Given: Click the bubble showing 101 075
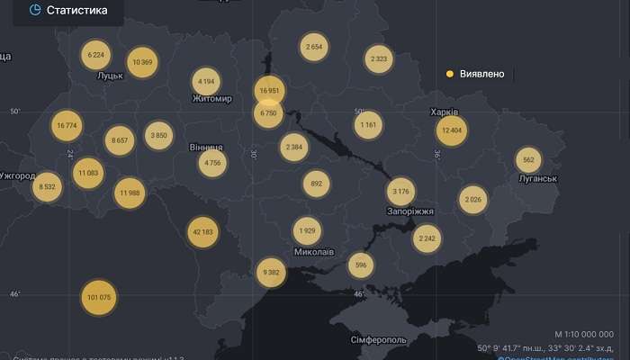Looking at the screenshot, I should (99, 297).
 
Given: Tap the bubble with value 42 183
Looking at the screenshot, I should (203, 231).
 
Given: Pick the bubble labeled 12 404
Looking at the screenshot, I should (453, 130).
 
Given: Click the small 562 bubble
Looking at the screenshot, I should (528, 160).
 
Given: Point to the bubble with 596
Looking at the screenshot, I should (361, 265).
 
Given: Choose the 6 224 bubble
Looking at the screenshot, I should (96, 55).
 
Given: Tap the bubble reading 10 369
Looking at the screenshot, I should (141, 62).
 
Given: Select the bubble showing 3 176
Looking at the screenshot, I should (401, 191).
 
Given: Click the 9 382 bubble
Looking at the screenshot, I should (270, 272).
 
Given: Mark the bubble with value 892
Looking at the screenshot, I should (316, 184).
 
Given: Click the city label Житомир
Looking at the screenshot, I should (212, 99).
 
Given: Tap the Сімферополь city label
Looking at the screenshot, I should (379, 340).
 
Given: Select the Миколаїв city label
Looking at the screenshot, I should (314, 252).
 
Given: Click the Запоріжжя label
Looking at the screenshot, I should (410, 211).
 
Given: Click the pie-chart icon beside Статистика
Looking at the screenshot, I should (35, 10).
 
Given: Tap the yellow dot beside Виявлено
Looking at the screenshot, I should (450, 74).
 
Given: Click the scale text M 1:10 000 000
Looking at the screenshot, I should (584, 334).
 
